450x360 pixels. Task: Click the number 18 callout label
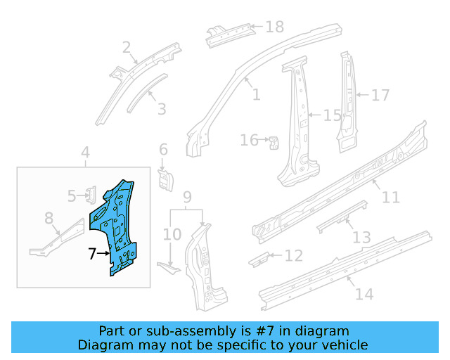click(274, 27)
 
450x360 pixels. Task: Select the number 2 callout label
click(127, 48)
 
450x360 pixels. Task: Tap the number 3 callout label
click(162, 109)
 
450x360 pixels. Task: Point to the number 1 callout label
click(255, 94)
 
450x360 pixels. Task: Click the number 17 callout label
click(380, 95)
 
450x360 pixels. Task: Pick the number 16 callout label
click(250, 141)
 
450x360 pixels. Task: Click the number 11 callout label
click(390, 198)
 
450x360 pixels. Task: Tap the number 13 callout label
click(361, 238)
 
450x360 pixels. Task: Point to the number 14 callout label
click(364, 294)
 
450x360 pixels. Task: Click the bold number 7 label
click(91, 254)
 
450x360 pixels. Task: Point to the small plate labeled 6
click(166, 179)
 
